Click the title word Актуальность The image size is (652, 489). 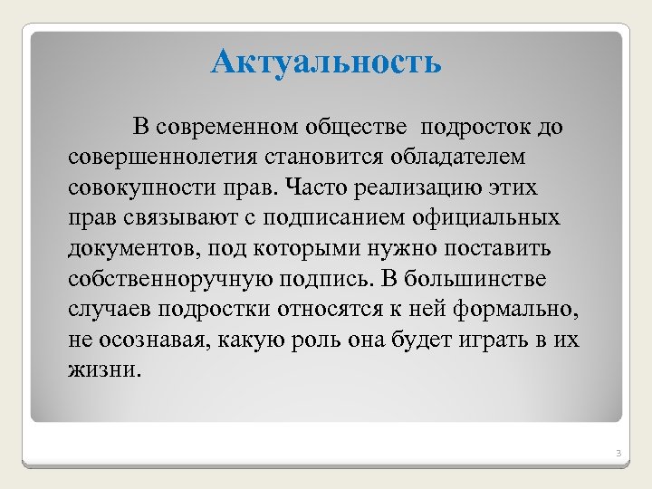pos(326,62)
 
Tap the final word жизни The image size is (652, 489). pos(104,370)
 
